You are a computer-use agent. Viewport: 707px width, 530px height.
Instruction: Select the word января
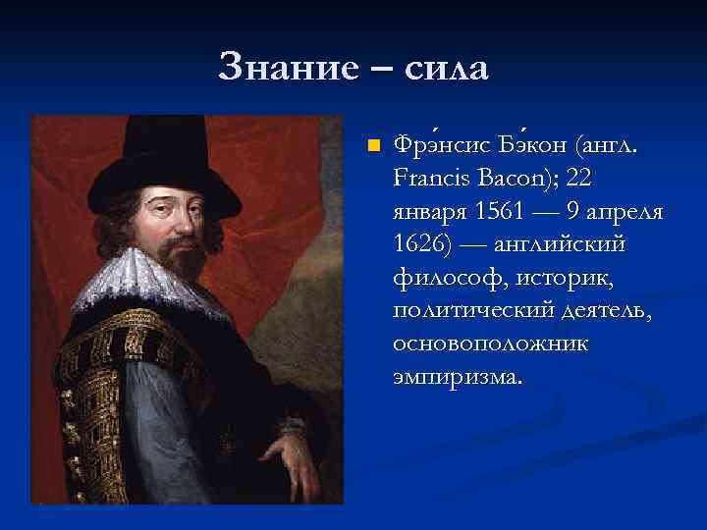coord(429,212)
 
